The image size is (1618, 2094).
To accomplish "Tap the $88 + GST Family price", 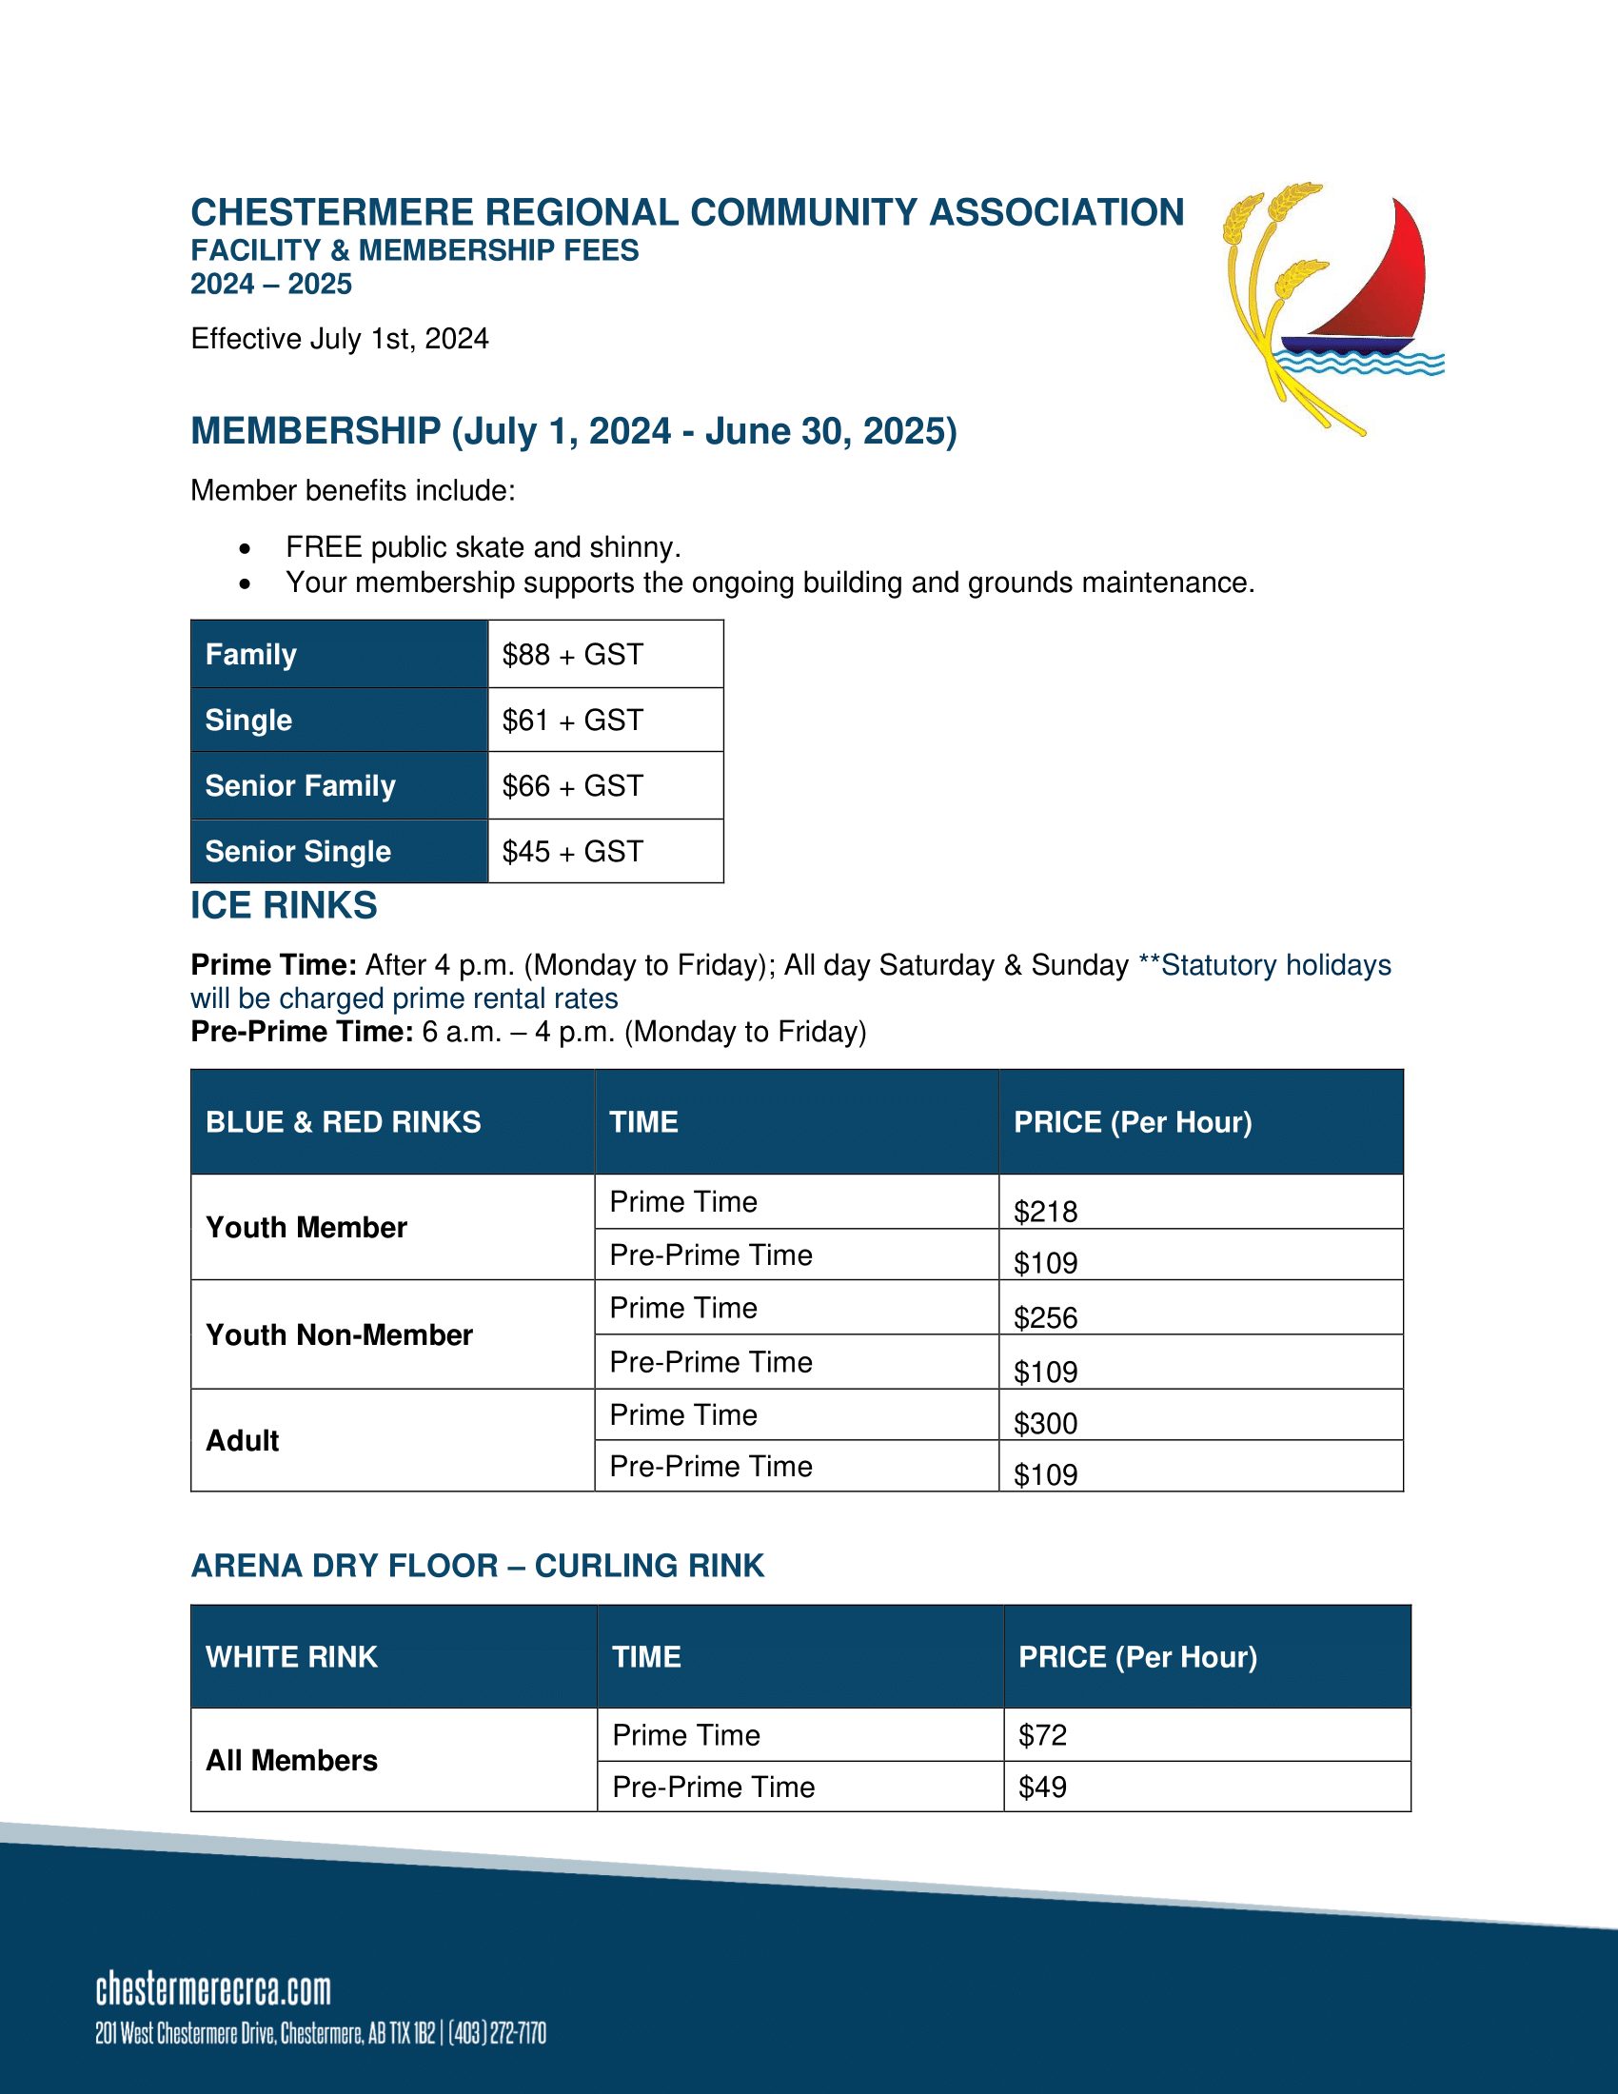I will coord(572,655).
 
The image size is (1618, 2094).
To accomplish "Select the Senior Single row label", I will coord(298,852).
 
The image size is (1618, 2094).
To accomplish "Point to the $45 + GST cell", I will coord(572,852).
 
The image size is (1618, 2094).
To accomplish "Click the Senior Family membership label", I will coord(300,786).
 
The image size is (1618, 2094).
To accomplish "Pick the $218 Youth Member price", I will coord(1046,1212).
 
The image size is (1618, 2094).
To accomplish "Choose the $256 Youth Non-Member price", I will coord(1046,1317).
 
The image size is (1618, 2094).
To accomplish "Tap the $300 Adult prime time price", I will coord(1046,1423).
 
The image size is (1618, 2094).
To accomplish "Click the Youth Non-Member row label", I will coord(340,1334).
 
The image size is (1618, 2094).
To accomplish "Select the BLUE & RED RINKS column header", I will coord(344,1122).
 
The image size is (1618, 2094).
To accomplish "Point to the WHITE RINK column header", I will coord(291,1657).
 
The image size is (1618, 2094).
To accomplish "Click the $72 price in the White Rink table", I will coord(1043,1735).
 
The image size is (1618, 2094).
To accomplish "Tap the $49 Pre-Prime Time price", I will coord(1043,1788).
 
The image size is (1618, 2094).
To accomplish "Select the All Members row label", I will coord(291,1760).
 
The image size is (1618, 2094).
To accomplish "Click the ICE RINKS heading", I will coord(284,906).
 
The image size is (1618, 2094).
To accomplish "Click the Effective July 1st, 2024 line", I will coord(340,339).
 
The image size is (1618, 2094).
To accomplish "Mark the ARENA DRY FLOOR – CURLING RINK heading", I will coord(478,1566).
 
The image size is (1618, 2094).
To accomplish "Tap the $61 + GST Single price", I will coord(572,721).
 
